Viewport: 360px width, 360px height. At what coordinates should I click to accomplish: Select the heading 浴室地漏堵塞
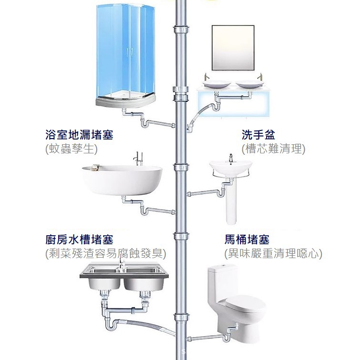(80, 135)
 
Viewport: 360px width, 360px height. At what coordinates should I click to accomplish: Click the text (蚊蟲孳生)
(71, 149)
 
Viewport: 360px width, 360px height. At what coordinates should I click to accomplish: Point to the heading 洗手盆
(259, 135)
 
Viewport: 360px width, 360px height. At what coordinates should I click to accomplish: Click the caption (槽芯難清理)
(273, 149)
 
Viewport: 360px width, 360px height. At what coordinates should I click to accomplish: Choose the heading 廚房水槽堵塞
(80, 240)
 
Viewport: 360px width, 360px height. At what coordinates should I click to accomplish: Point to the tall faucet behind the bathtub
(138, 158)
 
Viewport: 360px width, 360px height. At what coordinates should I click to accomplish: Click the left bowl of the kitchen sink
(101, 281)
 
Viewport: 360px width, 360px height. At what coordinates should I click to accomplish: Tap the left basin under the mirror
(217, 85)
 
